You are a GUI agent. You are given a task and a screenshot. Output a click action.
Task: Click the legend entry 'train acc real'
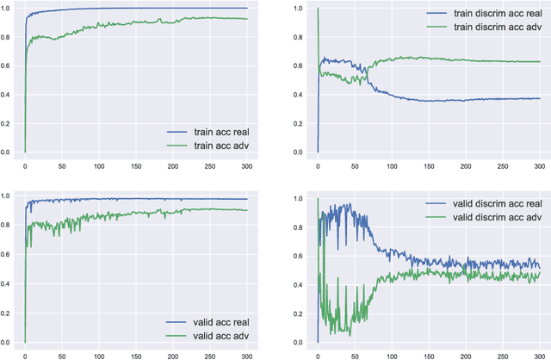tap(216, 132)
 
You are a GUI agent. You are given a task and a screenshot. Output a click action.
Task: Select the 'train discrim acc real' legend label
tap(487, 14)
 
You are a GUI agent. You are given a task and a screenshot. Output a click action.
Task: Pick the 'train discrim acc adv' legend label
tap(487, 28)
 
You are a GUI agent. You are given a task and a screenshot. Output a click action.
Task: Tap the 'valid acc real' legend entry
tap(216, 321)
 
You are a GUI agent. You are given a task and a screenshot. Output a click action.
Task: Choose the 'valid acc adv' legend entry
tap(216, 335)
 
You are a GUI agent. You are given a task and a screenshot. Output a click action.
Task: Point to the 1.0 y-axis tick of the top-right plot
tap(300, 8)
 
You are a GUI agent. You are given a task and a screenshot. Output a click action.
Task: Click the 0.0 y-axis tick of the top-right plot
tap(300, 152)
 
